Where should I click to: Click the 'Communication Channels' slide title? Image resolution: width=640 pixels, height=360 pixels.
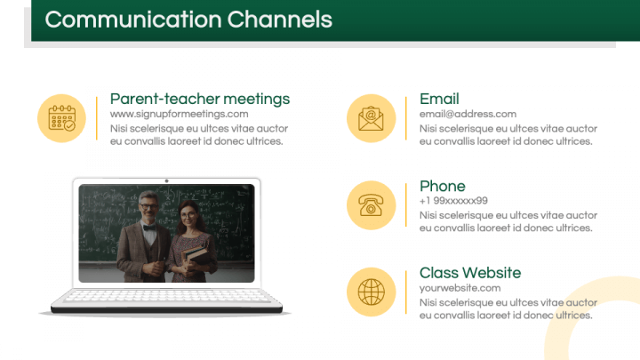[x=188, y=20]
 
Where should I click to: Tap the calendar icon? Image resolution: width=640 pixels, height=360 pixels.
[x=61, y=118]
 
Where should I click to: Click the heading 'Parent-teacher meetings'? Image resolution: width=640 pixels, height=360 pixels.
[x=199, y=99]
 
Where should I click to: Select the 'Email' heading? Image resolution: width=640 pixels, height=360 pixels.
[x=439, y=99]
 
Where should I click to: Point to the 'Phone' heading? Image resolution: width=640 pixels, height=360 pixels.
[x=442, y=186]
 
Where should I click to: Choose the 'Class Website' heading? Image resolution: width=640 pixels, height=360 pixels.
[x=469, y=273]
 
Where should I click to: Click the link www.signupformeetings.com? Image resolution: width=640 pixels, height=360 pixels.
[x=179, y=114]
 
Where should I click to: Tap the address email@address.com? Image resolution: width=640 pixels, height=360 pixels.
[x=468, y=114]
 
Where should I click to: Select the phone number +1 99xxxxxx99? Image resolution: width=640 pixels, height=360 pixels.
[x=453, y=201]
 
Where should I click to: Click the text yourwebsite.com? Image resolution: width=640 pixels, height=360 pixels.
[x=460, y=288]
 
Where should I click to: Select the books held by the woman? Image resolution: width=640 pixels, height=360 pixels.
[x=195, y=257]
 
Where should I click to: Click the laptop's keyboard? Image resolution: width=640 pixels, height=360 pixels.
[x=166, y=298]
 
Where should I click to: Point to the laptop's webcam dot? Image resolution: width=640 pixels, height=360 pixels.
[x=166, y=181]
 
